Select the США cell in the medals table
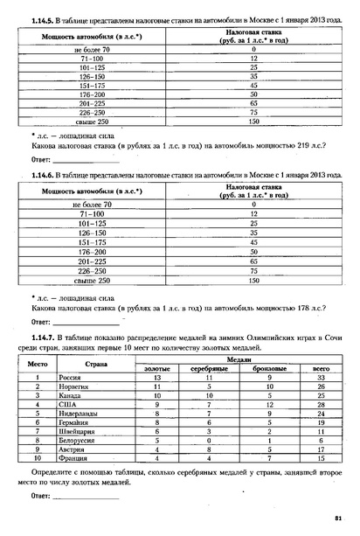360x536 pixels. (x=67, y=405)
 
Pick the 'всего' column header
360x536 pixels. (x=321, y=367)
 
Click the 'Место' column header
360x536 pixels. (x=38, y=362)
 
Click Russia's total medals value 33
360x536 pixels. (x=321, y=376)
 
